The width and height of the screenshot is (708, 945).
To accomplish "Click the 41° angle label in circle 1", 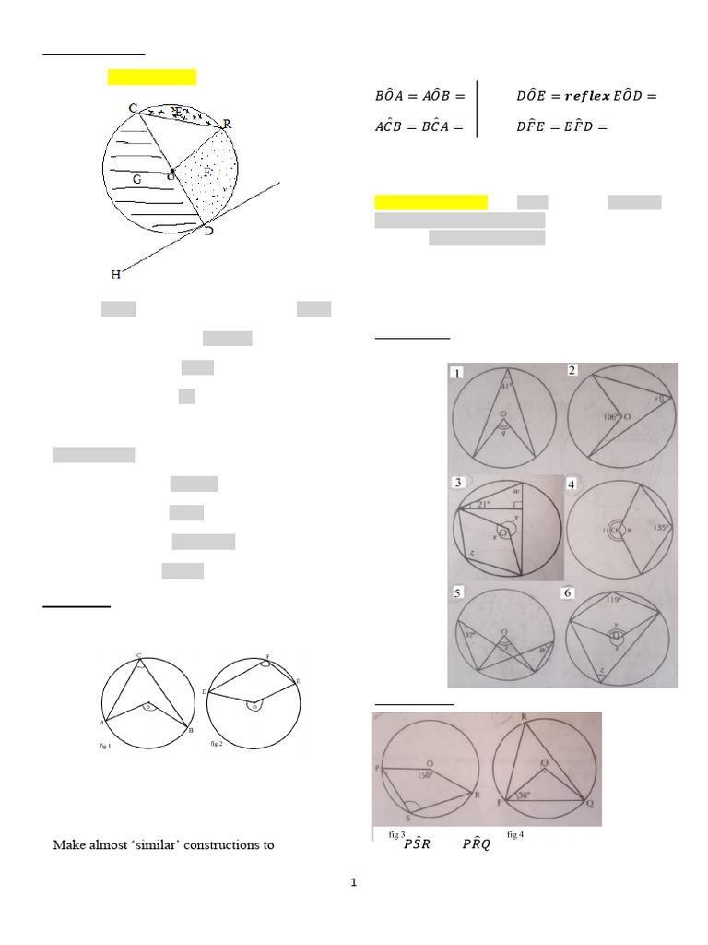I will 505,386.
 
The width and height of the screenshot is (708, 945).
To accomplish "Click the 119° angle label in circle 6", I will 615,599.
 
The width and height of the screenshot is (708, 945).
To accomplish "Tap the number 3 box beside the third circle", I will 459,484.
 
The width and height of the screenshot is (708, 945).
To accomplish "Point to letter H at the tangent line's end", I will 115,274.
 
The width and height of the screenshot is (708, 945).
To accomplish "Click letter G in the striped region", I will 136,180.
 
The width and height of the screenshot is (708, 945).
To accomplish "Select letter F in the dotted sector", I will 206,172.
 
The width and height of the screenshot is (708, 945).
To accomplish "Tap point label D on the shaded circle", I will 209,231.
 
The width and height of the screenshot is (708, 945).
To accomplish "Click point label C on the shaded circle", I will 133,108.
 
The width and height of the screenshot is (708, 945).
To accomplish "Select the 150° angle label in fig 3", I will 425,776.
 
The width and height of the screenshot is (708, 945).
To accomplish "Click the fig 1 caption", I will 103,745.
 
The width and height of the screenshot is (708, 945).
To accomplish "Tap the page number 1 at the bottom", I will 353,883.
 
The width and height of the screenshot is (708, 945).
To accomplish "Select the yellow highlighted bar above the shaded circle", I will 152,77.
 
